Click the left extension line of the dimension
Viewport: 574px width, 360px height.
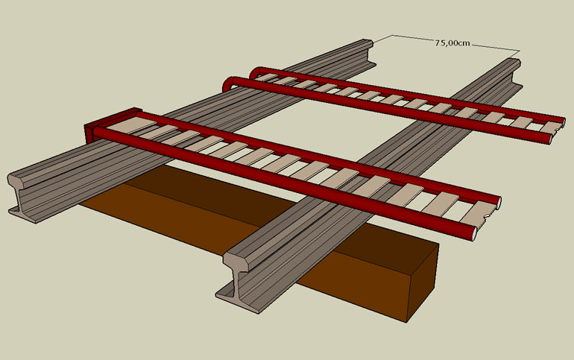(x=373, y=37)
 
